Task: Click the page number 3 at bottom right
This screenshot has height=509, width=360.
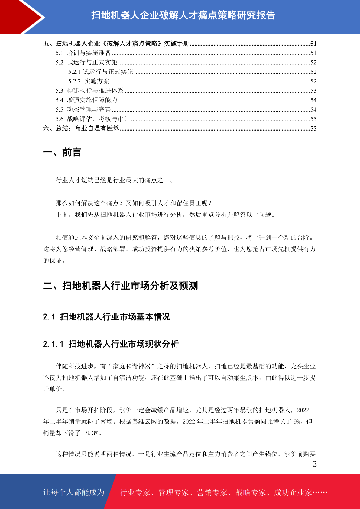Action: pos(314,464)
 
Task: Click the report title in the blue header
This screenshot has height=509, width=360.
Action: pos(183,15)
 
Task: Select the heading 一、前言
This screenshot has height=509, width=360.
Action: pos(62,152)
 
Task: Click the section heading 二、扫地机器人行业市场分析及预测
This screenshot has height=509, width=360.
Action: pos(120,286)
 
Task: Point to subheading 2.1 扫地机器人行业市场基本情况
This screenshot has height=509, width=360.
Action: pos(106,317)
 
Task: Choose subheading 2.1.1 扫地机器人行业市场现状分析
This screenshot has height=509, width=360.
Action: pos(111,344)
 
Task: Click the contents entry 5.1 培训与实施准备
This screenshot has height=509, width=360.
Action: pos(83,53)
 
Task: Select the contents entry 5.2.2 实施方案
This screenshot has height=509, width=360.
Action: pos(89,81)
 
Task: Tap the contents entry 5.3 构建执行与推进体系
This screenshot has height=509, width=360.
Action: pos(90,91)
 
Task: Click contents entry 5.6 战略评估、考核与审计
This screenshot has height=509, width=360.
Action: pos(93,119)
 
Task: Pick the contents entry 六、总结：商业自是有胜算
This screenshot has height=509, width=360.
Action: pos(81,128)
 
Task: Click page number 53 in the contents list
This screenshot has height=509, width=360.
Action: pos(313,91)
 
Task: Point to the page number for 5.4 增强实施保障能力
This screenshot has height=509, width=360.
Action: pos(313,100)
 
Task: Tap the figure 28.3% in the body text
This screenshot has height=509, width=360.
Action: pos(90,433)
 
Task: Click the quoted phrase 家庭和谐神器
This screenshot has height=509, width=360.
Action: pos(132,366)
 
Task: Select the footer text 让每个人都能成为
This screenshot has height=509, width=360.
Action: pos(74,492)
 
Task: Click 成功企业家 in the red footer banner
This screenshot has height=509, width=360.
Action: pos(293,492)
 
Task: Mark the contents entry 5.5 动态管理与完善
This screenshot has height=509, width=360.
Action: pos(83,109)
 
